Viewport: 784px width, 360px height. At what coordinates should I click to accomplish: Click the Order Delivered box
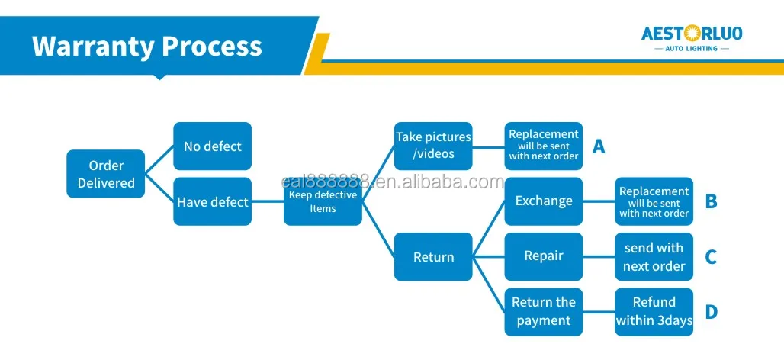click(106, 174)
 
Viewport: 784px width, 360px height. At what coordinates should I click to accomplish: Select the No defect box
click(212, 146)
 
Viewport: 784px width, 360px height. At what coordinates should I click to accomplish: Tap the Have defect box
click(212, 201)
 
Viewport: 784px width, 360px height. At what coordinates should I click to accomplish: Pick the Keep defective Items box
click(323, 201)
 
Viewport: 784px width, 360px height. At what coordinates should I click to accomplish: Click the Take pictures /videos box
click(433, 146)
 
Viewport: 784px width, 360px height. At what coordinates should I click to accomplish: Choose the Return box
click(433, 257)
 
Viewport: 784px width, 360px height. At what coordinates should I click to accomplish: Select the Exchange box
click(544, 201)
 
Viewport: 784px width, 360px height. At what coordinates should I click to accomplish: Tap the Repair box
click(544, 256)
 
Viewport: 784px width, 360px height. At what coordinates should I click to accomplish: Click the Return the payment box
click(544, 312)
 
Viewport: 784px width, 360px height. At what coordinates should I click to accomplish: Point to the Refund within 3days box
click(654, 312)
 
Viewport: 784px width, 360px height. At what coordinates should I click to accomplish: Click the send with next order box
click(654, 257)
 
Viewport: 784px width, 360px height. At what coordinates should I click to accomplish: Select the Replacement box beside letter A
click(544, 146)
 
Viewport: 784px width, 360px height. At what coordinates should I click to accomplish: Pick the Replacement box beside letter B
click(654, 201)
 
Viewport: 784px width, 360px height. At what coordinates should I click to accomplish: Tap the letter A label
click(599, 146)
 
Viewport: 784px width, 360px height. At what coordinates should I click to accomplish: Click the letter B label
click(711, 201)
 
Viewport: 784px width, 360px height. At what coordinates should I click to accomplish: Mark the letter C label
click(711, 257)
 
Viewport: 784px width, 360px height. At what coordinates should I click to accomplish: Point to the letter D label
click(711, 312)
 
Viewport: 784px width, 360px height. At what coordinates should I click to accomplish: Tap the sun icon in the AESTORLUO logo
click(692, 33)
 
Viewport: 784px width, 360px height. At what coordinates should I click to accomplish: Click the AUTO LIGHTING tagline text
click(692, 49)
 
